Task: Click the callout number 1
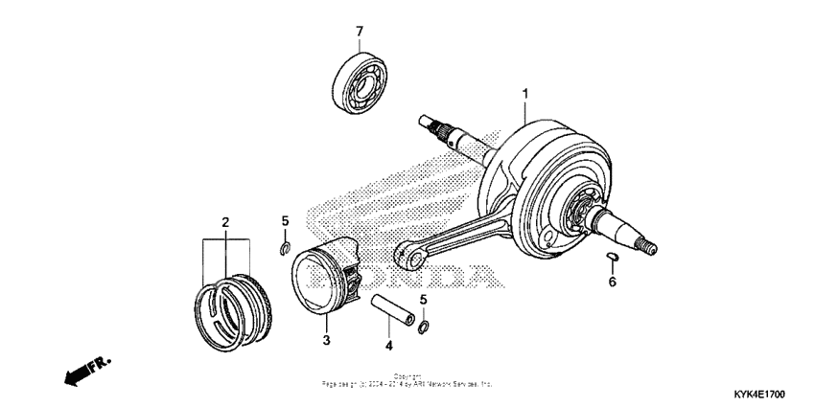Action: pos(525,94)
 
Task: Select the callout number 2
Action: pos(225,223)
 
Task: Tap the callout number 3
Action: pos(326,339)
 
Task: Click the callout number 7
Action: pos(360,32)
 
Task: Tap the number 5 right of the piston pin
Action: pos(424,300)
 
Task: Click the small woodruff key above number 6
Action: pos(611,256)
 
